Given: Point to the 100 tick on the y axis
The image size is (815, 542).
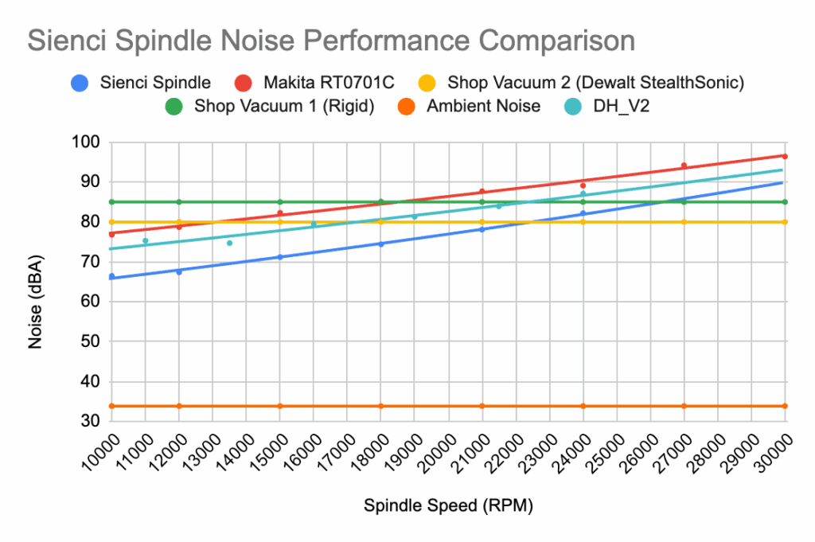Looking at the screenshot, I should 89,142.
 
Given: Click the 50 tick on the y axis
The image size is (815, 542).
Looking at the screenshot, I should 92,341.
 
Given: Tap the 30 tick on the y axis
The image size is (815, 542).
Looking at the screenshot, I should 92,422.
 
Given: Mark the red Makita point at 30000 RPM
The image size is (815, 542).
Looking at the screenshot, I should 785,156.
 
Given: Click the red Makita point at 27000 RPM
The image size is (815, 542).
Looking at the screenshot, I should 684,166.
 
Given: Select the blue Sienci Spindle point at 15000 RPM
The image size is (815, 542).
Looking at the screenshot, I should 280,257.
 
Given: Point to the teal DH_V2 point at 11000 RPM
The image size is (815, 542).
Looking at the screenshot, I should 145,240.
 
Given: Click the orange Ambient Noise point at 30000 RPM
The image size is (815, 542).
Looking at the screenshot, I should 785,406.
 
